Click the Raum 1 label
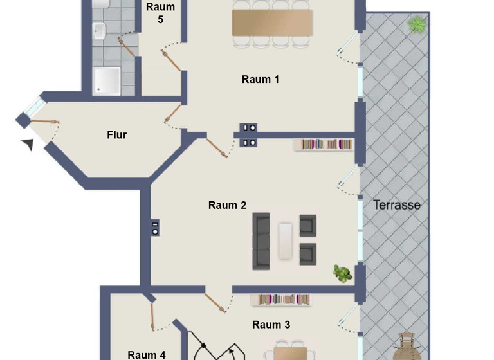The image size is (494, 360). [260, 80]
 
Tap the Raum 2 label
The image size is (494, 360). [227, 206]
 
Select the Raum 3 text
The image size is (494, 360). [271, 325]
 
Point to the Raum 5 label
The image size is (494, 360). [160, 13]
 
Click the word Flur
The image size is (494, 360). [116, 135]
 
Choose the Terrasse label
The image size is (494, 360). [397, 205]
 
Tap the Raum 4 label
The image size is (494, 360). [147, 354]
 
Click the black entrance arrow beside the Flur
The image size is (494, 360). [28, 144]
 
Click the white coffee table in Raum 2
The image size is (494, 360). [286, 241]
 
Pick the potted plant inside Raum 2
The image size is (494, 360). [342, 273]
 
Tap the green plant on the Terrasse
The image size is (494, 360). [417, 25]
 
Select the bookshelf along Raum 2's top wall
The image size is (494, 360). [324, 145]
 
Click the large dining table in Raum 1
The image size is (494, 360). [272, 22]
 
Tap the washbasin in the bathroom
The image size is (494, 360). [100, 29]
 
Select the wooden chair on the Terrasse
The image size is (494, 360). [408, 347]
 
